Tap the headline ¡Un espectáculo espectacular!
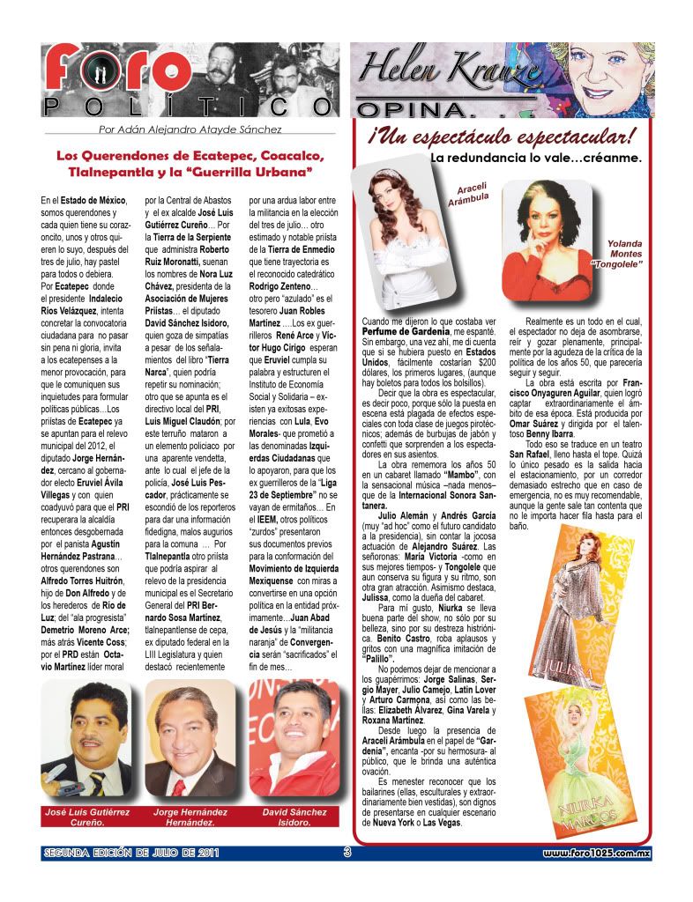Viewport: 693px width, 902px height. pyautogui.click(x=500, y=137)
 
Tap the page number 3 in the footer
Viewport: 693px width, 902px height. pyautogui.click(x=347, y=852)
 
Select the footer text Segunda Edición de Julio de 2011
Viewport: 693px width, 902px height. pyautogui.click(x=130, y=853)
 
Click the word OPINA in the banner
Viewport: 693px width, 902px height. pyautogui.click(x=408, y=109)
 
